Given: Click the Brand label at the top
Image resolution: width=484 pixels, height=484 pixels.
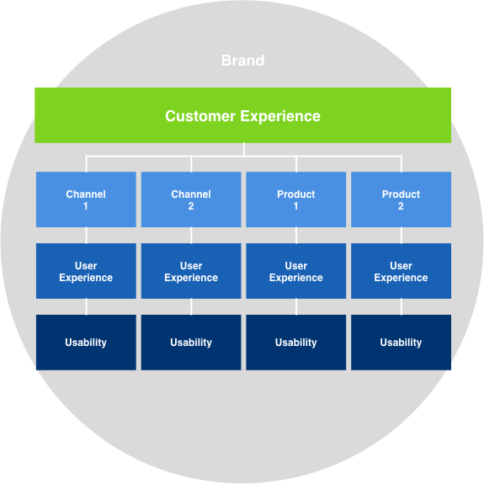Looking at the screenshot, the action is point(242,61).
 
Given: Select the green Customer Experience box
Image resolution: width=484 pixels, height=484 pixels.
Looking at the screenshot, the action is point(242,115).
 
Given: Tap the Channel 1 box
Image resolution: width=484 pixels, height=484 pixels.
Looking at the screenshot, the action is point(86,199).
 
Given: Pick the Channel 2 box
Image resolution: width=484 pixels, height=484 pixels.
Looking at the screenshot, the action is point(191,199).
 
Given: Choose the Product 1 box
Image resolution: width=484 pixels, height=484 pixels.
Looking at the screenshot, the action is point(296,199).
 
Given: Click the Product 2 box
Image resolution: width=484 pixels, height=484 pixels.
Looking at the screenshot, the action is point(401,199).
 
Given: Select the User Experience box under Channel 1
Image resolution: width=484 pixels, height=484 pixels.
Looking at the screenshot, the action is point(86,271).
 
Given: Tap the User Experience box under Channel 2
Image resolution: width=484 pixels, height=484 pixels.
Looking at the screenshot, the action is point(191,271).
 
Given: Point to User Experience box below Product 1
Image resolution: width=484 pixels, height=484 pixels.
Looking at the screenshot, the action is point(296,271).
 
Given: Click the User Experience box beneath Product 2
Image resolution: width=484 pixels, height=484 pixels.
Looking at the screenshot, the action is point(401,271).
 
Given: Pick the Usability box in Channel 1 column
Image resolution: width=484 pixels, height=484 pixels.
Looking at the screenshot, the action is point(86,343).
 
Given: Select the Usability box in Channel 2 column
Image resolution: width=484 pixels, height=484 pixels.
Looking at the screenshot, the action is point(191,343).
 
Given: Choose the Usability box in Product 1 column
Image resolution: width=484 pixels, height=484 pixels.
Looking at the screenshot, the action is point(296,343).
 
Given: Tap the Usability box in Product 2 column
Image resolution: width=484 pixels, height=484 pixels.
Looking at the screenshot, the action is point(401,343).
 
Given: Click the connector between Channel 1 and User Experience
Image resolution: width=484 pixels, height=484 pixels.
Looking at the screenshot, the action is point(86,235).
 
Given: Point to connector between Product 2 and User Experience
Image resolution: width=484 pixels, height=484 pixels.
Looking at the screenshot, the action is point(402,235).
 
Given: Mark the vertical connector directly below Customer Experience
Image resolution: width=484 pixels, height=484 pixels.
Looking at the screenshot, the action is point(244,149).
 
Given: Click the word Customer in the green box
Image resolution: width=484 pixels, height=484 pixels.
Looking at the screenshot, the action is point(200,116).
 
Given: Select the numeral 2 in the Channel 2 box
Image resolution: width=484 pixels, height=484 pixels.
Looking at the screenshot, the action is point(191,206).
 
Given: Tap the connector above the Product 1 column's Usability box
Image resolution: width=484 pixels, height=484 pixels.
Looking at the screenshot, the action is point(296,307).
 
